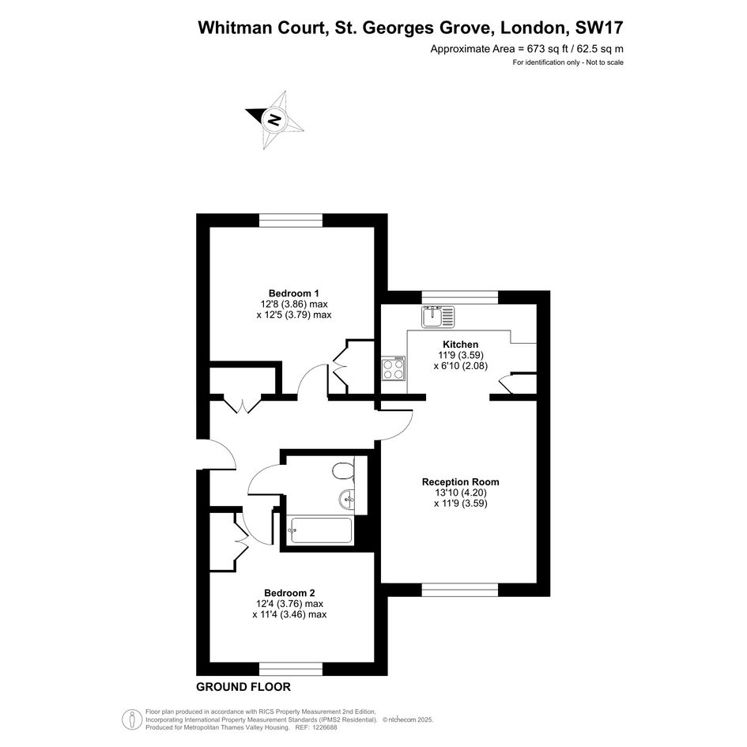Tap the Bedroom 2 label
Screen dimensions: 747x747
click(x=289, y=593)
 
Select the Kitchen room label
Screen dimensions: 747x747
click(x=460, y=345)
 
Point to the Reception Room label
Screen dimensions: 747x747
click(x=460, y=481)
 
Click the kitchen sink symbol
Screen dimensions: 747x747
click(x=438, y=317)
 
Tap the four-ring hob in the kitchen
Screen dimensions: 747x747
click(x=393, y=368)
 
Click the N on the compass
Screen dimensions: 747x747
click(x=274, y=119)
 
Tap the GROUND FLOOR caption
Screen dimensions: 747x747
click(x=243, y=687)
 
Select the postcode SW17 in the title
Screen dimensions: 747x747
click(x=599, y=28)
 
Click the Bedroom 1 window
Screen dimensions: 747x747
click(x=291, y=220)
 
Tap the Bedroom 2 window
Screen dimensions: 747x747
click(x=291, y=669)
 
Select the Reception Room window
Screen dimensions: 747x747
click(x=460, y=590)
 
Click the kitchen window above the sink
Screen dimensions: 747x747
click(x=460, y=296)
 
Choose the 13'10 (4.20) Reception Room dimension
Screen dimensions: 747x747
click(x=460, y=492)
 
